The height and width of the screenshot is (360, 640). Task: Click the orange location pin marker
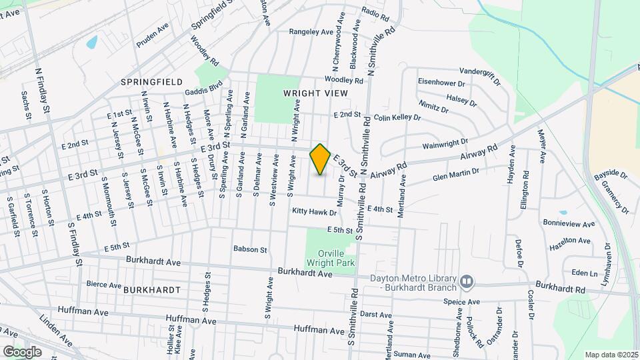320,159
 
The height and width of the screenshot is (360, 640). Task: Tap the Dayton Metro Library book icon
466,282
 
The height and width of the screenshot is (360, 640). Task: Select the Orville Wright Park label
331,257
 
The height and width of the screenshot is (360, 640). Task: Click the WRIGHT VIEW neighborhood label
315,93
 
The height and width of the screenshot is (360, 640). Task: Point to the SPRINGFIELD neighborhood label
151,81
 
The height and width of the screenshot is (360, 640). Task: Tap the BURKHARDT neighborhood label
151,290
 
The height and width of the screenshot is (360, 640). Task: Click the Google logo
22,351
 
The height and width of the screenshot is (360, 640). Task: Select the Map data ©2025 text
611,355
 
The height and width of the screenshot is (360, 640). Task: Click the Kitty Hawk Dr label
315,211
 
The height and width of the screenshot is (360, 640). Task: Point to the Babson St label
250,249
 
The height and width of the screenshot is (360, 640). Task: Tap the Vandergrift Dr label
480,75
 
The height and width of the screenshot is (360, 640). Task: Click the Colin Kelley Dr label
397,117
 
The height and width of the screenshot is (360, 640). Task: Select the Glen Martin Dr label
456,175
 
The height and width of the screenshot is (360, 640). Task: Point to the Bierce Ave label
103,284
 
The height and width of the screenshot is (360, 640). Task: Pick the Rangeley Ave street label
311,32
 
